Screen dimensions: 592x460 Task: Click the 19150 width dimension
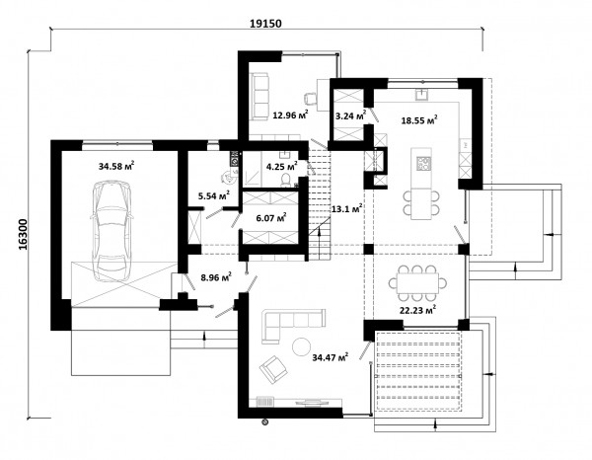pyautogui.click(x=265, y=24)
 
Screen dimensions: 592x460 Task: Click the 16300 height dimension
pyautogui.click(x=23, y=234)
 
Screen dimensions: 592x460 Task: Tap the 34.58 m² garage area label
pyautogui.click(x=116, y=166)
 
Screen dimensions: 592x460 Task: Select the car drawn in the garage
pyautogui.click(x=111, y=231)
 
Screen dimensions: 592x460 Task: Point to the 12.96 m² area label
pyautogui.click(x=290, y=115)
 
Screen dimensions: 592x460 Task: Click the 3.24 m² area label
pyautogui.click(x=350, y=115)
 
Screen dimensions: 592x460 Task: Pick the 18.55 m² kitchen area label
pyautogui.click(x=419, y=120)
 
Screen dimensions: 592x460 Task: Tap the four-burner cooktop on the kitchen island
pyautogui.click(x=424, y=164)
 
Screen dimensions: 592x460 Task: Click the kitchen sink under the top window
pyautogui.click(x=421, y=95)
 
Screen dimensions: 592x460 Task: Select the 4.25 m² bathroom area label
pyautogui.click(x=281, y=166)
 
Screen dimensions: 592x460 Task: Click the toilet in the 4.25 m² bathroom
pyautogui.click(x=286, y=180)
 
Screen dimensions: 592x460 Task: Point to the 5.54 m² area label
pyautogui.click(x=214, y=195)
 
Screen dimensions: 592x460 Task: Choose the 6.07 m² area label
pyautogui.click(x=270, y=218)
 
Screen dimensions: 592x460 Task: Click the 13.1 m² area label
pyautogui.click(x=347, y=209)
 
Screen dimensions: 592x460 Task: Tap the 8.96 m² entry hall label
pyautogui.click(x=216, y=277)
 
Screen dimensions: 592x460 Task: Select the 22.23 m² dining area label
pyautogui.click(x=418, y=310)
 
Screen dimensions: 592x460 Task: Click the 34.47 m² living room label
pyautogui.click(x=330, y=356)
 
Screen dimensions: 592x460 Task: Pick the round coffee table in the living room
pyautogui.click(x=302, y=345)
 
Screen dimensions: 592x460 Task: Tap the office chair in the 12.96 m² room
pyautogui.click(x=311, y=98)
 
